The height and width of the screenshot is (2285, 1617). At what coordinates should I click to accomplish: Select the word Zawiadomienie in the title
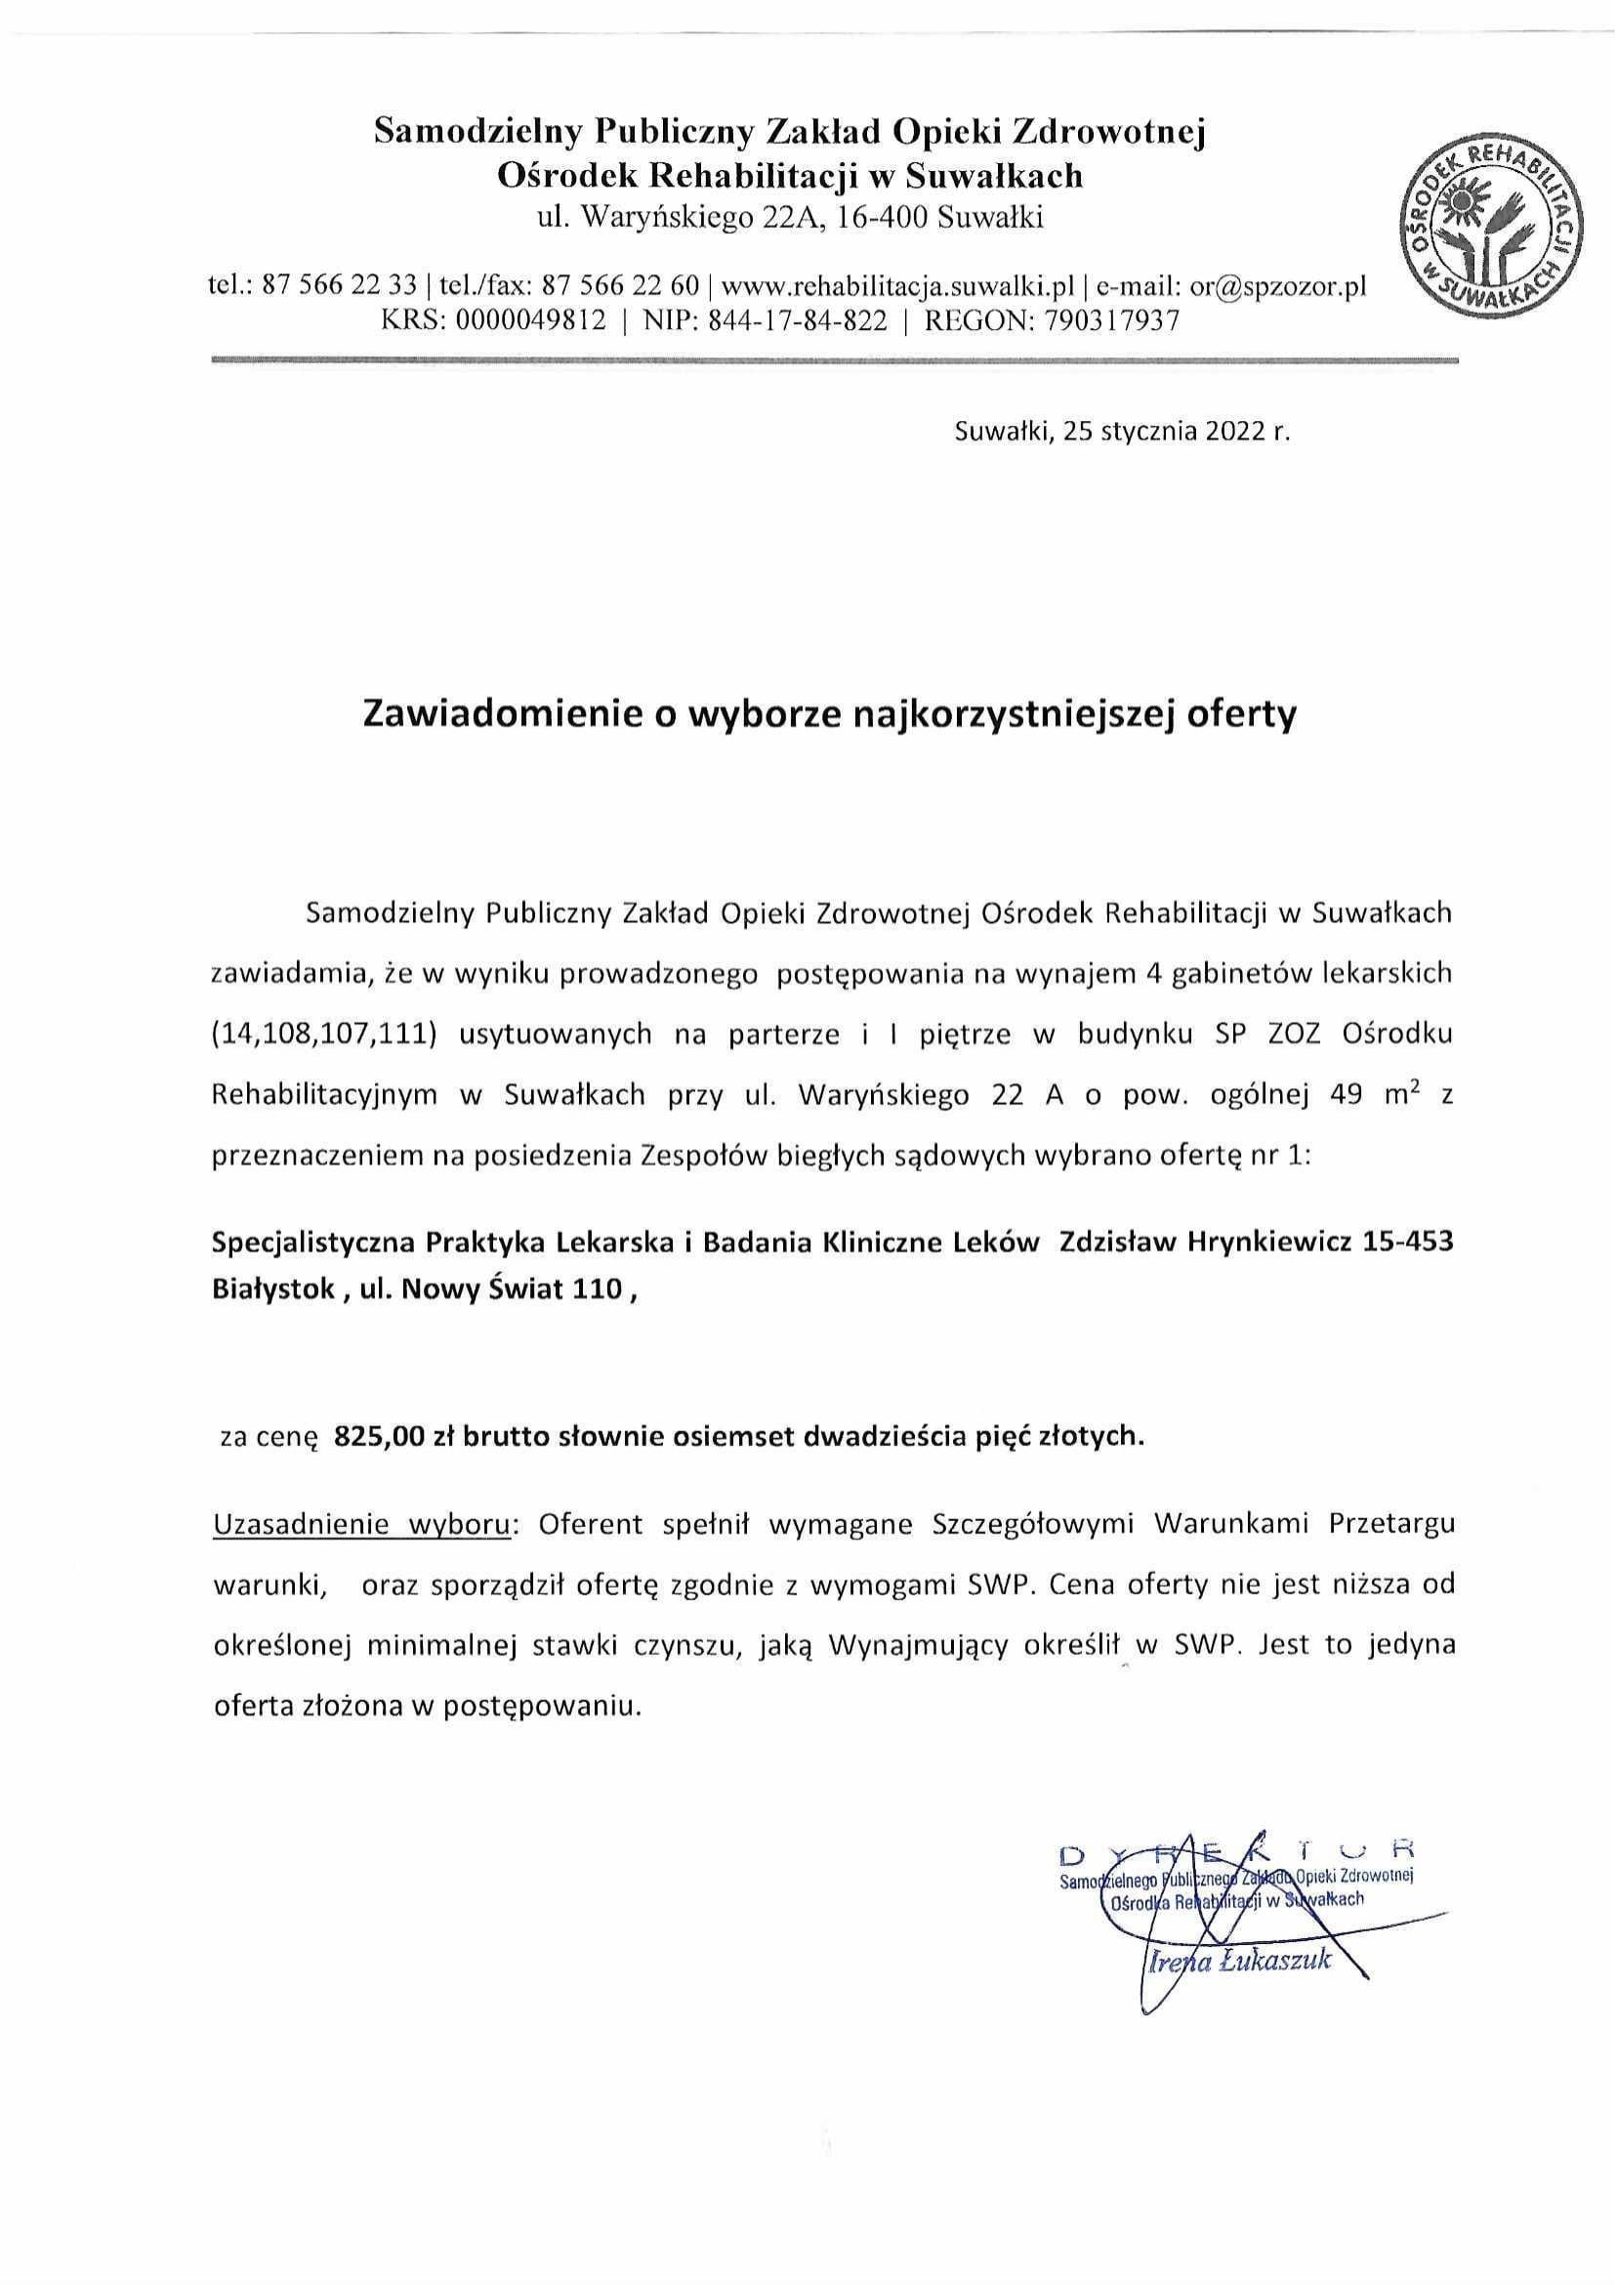coord(476,716)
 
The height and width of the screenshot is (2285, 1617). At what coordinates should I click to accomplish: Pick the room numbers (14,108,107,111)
coord(325,1034)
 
